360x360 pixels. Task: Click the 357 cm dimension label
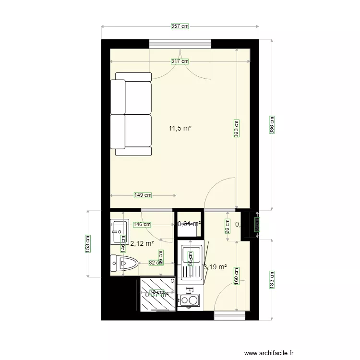[180, 26]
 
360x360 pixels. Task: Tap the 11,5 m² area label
[180, 128]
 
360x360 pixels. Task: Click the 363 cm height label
[237, 129]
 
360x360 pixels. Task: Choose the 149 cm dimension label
[143, 195]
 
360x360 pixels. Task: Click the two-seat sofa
[131, 114]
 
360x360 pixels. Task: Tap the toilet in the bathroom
[124, 263]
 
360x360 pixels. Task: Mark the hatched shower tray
[157, 294]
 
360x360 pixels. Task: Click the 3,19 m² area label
[215, 267]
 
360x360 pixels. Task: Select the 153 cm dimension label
[88, 243]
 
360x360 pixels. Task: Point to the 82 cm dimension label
[155, 263]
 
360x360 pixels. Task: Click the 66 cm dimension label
[228, 226]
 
